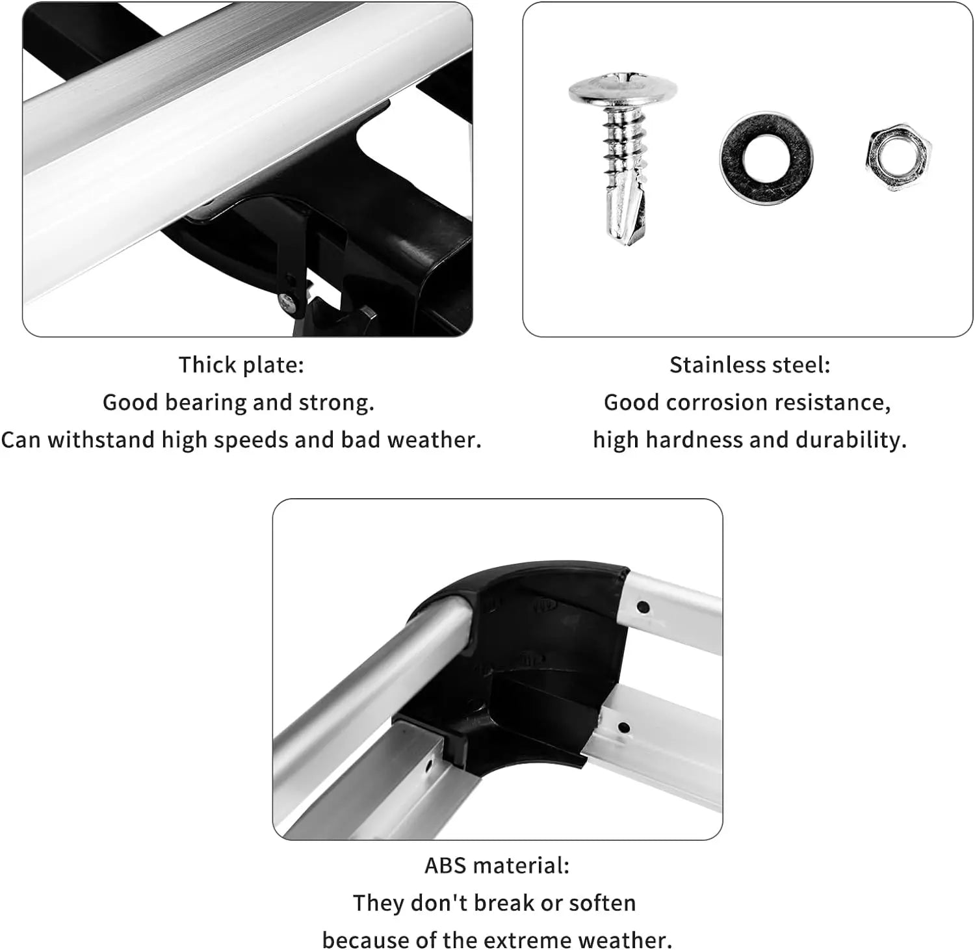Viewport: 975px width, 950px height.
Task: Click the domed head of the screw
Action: point(622,90)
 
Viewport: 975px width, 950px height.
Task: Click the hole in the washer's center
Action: point(766,158)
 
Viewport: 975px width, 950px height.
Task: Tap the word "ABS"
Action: point(445,865)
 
